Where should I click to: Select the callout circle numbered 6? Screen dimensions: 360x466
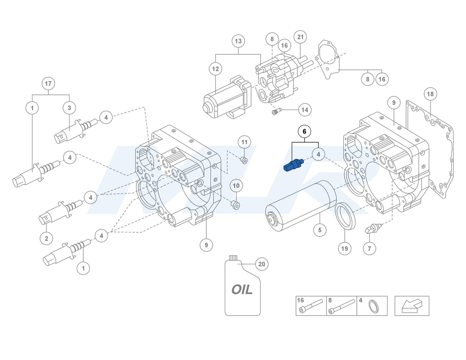point(304,131)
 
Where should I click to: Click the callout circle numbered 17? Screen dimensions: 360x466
point(48,83)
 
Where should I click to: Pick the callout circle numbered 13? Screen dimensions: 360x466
point(238,41)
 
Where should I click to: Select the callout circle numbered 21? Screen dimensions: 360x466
point(300,37)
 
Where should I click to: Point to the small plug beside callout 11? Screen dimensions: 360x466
point(244,160)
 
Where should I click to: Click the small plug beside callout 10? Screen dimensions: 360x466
point(236,204)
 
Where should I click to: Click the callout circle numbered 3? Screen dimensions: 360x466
point(69,107)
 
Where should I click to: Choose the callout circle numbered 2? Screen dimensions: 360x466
point(46,238)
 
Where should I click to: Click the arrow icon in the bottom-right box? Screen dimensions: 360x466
point(412,306)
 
